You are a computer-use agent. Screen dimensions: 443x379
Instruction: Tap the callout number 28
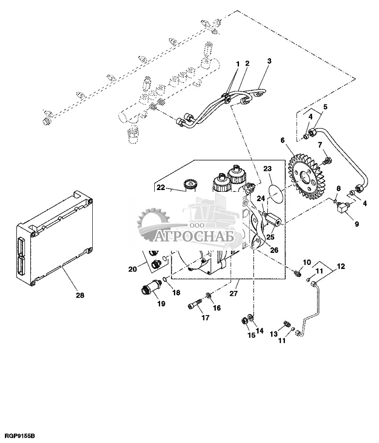point(79,295)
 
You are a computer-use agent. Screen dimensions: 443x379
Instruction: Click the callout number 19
point(161,304)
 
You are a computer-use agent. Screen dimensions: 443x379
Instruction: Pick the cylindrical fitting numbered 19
point(151,286)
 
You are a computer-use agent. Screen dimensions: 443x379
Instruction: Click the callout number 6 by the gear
point(282,140)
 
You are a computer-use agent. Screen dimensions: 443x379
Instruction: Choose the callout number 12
point(341,267)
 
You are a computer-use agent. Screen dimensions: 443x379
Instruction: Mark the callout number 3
point(269,61)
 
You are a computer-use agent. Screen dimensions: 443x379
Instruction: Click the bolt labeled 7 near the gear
point(327,160)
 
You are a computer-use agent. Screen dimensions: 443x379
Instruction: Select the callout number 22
point(160,188)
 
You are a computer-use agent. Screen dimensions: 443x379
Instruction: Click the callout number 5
point(325,107)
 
